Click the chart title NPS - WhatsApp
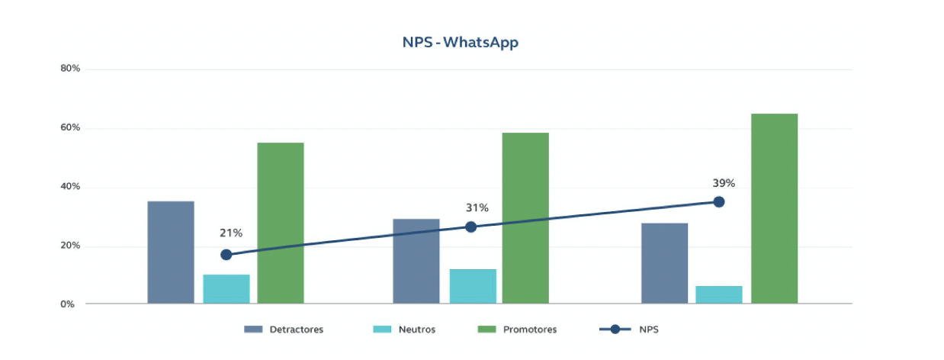(460, 43)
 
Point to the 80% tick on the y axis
(70, 69)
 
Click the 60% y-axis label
(70, 127)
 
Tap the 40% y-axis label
(70, 187)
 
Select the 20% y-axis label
(70, 246)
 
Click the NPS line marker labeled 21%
(226, 255)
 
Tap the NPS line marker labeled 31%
(470, 227)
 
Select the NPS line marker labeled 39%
(718, 201)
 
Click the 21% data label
(231, 233)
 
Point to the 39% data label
(723, 183)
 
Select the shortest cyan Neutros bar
(718, 294)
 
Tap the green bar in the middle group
(525, 218)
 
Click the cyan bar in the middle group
(473, 286)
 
